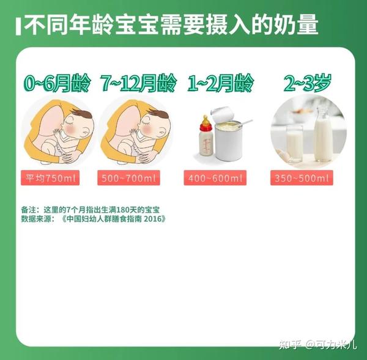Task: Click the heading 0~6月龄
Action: tap(57, 83)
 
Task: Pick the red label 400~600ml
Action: tap(215, 178)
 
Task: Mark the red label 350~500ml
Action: tap(302, 178)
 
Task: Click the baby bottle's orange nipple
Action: tap(206, 120)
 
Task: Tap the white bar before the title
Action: tap(21, 26)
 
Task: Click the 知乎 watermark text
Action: tap(289, 345)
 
